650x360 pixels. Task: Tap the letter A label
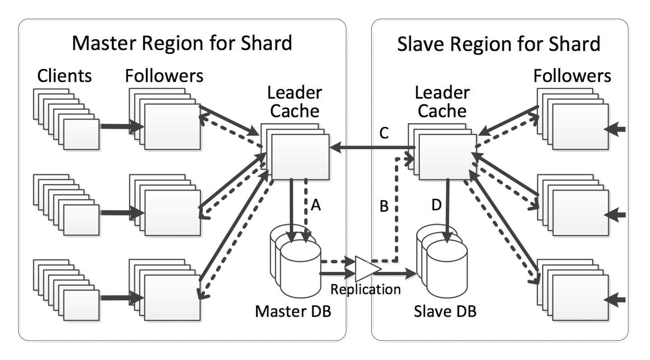pos(316,206)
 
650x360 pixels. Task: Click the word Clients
pos(65,76)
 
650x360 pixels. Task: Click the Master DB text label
pos(293,311)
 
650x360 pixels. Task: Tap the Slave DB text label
pos(445,311)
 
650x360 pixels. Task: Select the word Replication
pos(366,289)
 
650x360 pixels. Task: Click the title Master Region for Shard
pos(182,44)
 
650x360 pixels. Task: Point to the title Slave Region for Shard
pos(499,44)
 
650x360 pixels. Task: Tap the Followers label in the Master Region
pos(164,76)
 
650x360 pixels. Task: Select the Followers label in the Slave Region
pos(572,76)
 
